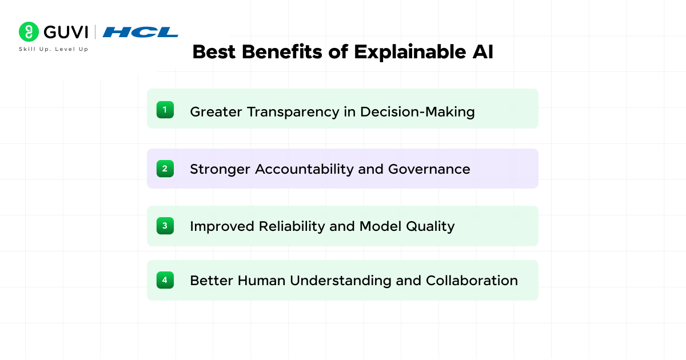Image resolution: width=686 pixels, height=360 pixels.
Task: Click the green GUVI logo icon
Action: click(x=29, y=32)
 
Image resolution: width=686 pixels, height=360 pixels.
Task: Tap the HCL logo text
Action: click(x=140, y=32)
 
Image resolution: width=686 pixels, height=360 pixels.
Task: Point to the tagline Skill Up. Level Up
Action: click(x=54, y=49)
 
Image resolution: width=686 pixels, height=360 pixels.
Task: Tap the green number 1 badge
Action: click(x=165, y=109)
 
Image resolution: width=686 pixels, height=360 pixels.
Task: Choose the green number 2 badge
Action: click(x=165, y=169)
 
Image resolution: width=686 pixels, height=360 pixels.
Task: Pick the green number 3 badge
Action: click(x=165, y=226)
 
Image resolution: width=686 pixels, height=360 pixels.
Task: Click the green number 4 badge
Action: click(x=165, y=280)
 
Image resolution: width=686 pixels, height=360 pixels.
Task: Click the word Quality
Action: click(x=430, y=227)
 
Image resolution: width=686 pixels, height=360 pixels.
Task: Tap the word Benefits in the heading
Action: click(x=283, y=52)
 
